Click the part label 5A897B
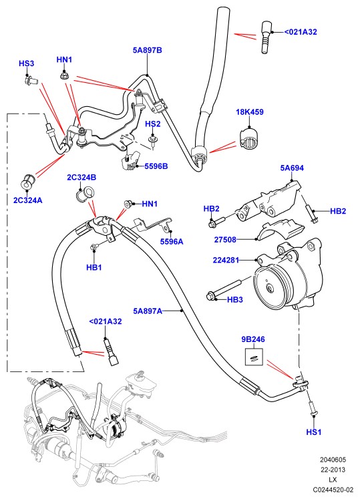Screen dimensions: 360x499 click(148, 50)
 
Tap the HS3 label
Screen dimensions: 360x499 click(27, 63)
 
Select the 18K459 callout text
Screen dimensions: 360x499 click(250, 112)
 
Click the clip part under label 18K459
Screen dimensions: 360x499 click(250, 139)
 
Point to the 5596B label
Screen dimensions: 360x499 click(156, 166)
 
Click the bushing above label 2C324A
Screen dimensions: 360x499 click(27, 182)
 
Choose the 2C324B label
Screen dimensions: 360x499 click(81, 177)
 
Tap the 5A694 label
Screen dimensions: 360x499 click(292, 168)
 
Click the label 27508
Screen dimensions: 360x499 click(225, 239)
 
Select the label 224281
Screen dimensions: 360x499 click(226, 261)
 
